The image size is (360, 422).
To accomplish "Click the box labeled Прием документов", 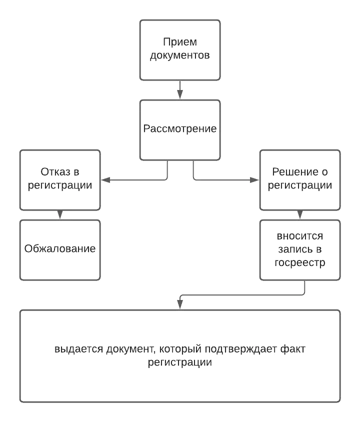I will pyautogui.click(x=180, y=50).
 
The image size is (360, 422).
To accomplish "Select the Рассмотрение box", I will pyautogui.click(x=180, y=129).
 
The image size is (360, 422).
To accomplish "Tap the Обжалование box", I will pyautogui.click(x=60, y=249).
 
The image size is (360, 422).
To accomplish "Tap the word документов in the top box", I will pyautogui.click(x=180, y=56).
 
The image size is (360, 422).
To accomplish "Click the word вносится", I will pyautogui.click(x=300, y=236).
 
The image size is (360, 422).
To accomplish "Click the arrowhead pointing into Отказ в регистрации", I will pyautogui.click(x=103, y=179).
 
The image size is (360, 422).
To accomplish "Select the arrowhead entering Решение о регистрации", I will pyautogui.click(x=256, y=179).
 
